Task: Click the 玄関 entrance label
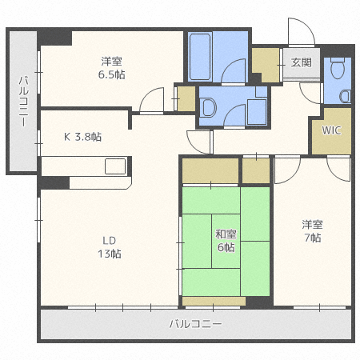(x=301, y=62)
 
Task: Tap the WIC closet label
(x=330, y=130)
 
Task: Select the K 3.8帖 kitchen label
(x=82, y=136)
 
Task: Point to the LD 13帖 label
(x=110, y=247)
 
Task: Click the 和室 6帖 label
(x=225, y=241)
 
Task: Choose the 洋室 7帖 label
(x=311, y=231)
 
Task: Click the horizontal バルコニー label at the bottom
(x=195, y=324)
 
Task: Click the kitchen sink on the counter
(x=114, y=166)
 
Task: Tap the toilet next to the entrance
(x=338, y=70)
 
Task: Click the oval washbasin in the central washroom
(x=208, y=110)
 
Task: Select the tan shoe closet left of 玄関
(x=265, y=63)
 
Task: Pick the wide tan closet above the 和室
(x=210, y=170)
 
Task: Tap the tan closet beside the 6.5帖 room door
(x=186, y=98)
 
